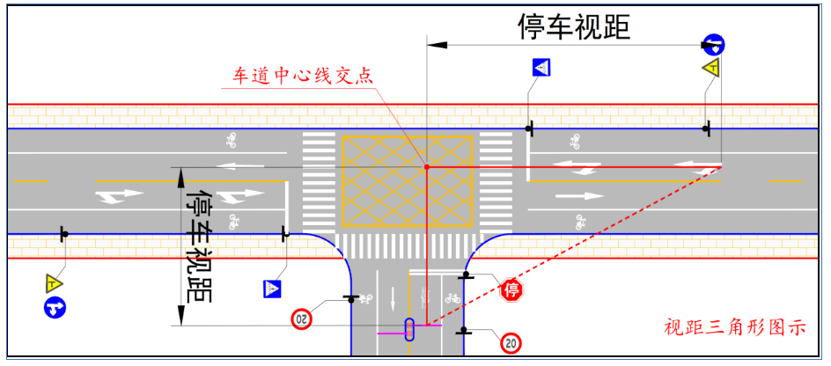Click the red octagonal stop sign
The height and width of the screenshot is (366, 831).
[x=512, y=289]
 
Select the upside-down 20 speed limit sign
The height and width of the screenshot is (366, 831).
[x=302, y=317]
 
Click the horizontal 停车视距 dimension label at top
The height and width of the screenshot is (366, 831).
[x=574, y=26]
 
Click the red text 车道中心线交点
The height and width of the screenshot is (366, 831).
[x=302, y=76]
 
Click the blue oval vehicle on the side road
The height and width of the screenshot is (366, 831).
[x=409, y=329]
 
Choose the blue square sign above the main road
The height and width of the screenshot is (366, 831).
[x=541, y=68]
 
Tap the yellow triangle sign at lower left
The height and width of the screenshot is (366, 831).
[x=55, y=283]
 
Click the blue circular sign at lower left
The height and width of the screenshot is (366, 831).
[x=55, y=308]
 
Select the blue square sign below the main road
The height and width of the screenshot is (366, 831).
[x=271, y=288]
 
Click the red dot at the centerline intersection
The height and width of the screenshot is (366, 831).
[x=427, y=166]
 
